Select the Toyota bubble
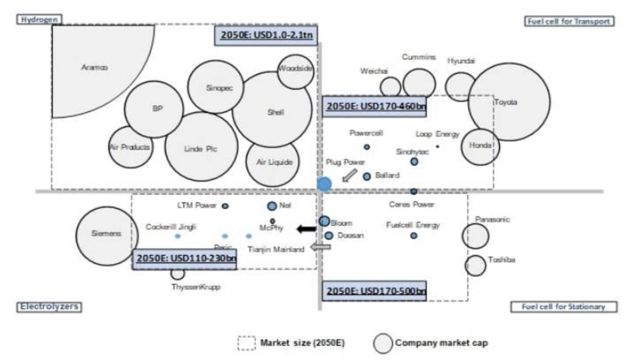508,102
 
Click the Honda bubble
480,146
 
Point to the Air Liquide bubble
272,163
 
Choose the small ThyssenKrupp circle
178,273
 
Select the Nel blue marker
272,206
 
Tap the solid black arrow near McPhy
307,229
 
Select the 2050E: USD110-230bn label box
184,259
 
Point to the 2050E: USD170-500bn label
374,291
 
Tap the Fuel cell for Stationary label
563,307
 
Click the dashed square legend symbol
246,343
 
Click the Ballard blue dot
367,176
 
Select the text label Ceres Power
412,204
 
